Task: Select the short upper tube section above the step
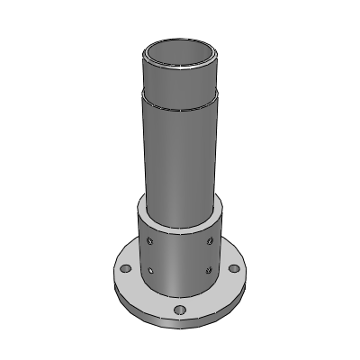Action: (x=180, y=81)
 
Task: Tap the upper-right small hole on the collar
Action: (x=210, y=240)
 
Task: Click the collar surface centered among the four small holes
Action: (x=180, y=256)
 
